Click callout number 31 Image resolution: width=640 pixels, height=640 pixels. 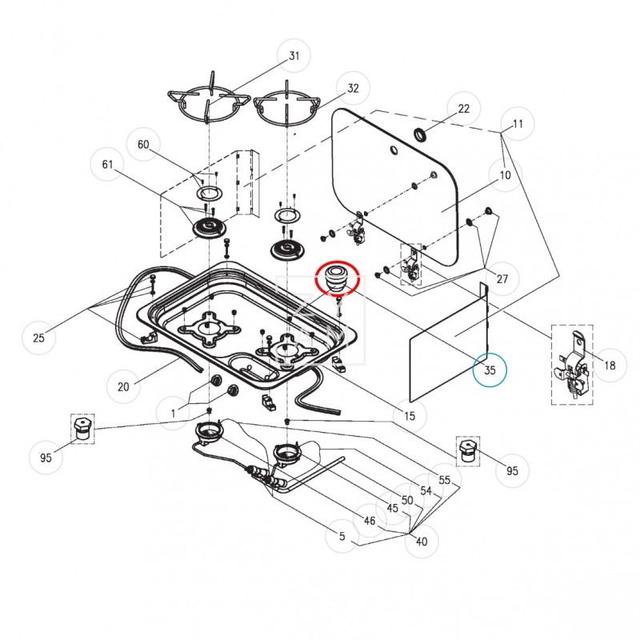click(294, 56)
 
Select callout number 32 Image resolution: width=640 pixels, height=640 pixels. click(352, 89)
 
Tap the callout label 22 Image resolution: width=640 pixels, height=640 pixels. click(464, 109)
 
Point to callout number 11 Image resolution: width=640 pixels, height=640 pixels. click(518, 125)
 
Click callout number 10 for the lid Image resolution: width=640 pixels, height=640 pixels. click(505, 175)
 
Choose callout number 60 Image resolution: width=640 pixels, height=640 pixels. click(144, 145)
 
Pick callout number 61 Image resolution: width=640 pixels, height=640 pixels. click(107, 166)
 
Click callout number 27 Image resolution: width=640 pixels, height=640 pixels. click(502, 279)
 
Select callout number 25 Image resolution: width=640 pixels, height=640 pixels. click(38, 338)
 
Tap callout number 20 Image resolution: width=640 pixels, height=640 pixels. click(123, 387)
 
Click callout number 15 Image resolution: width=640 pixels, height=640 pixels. click(409, 416)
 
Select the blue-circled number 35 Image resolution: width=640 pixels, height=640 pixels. click(490, 370)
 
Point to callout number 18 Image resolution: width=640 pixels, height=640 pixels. click(610, 366)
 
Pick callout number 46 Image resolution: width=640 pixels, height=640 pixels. click(369, 521)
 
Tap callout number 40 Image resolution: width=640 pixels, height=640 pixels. click(422, 541)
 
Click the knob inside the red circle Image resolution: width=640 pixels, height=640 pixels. click(338, 279)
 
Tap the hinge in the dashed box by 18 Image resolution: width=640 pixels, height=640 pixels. click(572, 366)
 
